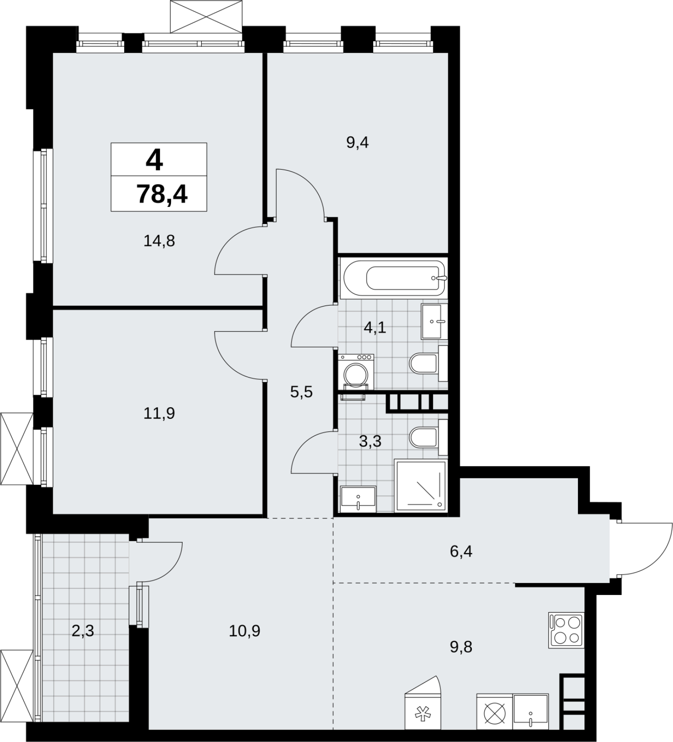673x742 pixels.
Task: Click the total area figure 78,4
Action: click(x=162, y=194)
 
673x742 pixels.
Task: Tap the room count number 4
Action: click(x=154, y=160)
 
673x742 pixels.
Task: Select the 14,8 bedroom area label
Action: click(x=159, y=241)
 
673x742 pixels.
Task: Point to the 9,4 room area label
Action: click(x=357, y=142)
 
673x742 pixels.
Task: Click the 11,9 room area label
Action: click(x=159, y=413)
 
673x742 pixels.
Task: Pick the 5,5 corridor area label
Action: click(x=301, y=392)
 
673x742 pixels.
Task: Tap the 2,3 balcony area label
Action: click(x=83, y=631)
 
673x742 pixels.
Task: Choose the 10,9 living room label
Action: click(x=245, y=631)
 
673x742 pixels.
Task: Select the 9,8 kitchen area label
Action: click(x=461, y=646)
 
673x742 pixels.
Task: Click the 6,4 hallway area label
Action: click(x=461, y=552)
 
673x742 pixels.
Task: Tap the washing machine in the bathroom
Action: click(x=356, y=371)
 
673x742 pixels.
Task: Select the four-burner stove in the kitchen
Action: click(x=566, y=630)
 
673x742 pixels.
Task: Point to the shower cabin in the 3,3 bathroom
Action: click(x=420, y=486)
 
